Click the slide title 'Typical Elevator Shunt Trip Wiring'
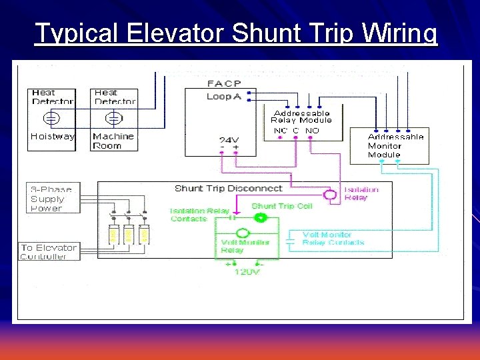coord(236,33)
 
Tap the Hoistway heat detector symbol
coord(51,119)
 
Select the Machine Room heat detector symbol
coord(115,119)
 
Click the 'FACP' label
coord(219,84)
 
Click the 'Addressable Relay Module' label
coord(301,117)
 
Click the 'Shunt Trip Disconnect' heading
coord(228,189)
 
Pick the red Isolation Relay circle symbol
coord(329,195)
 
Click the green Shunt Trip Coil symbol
coord(261,217)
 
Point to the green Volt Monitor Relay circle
coord(243,233)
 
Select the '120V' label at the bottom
coord(247,273)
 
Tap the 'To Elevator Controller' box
coord(49,251)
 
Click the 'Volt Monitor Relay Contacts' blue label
coord(333,239)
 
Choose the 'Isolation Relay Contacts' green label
coord(199,215)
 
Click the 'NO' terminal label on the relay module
coord(312,131)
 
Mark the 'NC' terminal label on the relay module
coord(280,131)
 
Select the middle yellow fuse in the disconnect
coord(128,234)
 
